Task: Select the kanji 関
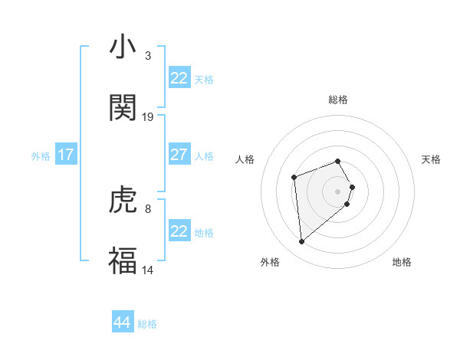click(123, 108)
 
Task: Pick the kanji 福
click(123, 260)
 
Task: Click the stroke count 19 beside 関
click(148, 117)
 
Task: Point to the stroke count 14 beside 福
click(148, 270)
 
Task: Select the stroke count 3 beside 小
click(147, 55)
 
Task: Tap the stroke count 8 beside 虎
click(147, 208)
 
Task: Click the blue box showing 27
click(179, 155)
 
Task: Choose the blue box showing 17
click(66, 155)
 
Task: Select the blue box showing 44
click(123, 322)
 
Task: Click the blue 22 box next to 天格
click(179, 78)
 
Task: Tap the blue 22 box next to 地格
click(179, 231)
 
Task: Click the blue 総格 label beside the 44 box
click(147, 324)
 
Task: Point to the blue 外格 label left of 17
click(41, 156)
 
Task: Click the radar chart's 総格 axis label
click(338, 100)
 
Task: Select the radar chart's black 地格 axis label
click(402, 263)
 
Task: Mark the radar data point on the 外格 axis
click(302, 242)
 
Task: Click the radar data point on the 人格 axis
click(294, 177)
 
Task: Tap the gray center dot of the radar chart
click(338, 191)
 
